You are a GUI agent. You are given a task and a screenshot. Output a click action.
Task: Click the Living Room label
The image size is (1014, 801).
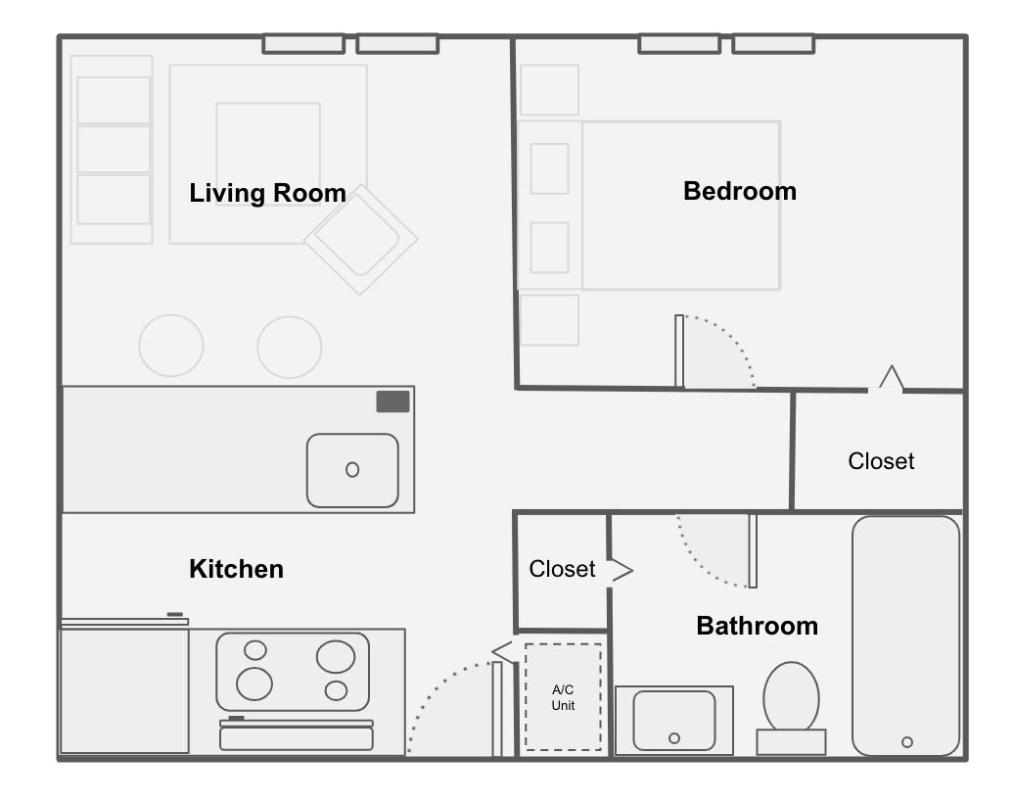pyautogui.click(x=267, y=193)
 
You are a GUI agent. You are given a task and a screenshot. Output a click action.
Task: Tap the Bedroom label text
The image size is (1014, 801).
pyautogui.click(x=740, y=191)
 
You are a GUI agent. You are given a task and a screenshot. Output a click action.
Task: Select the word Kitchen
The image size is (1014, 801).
pyautogui.click(x=236, y=569)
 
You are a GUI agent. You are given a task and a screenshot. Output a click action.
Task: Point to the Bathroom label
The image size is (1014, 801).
pyautogui.click(x=758, y=626)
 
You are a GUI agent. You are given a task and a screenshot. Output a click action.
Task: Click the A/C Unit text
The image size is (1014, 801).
pyautogui.click(x=563, y=697)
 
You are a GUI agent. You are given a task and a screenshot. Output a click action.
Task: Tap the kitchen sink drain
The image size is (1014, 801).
pyautogui.click(x=352, y=470)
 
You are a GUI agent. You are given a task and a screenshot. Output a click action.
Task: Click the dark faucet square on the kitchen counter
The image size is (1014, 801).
pyautogui.click(x=393, y=401)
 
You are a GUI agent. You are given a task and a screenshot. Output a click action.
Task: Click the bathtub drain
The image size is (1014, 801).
pyautogui.click(x=907, y=742)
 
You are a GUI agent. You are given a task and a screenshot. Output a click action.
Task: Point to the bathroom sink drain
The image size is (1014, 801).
pyautogui.click(x=674, y=738)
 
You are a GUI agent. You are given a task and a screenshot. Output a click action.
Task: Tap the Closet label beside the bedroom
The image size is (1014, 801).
pyautogui.click(x=881, y=461)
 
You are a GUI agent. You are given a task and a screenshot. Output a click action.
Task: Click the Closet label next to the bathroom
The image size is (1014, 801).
pyautogui.click(x=562, y=569)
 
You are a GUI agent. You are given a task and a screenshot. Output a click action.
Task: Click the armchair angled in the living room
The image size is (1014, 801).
pyautogui.click(x=361, y=239)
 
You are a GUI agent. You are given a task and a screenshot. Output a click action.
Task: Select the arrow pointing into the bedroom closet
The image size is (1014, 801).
pyautogui.click(x=891, y=378)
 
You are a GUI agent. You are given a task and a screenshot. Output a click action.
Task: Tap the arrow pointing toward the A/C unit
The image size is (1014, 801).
pyautogui.click(x=504, y=650)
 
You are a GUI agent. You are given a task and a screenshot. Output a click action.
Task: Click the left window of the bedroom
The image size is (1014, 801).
pyautogui.click(x=679, y=44)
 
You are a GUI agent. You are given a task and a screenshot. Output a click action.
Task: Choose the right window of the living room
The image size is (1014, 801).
pyautogui.click(x=397, y=44)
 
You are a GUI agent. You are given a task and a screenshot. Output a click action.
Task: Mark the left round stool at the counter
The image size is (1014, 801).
pyautogui.click(x=171, y=346)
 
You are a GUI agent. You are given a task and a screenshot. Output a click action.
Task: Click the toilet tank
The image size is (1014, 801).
pyautogui.click(x=791, y=742)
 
